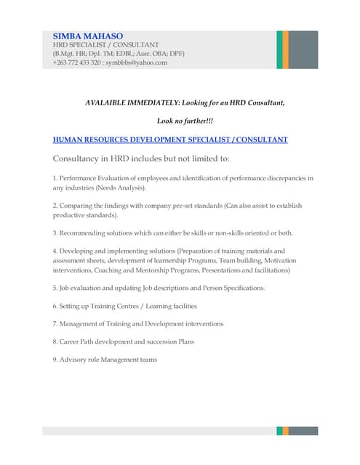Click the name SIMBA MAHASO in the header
point(88,36)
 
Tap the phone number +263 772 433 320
point(76,62)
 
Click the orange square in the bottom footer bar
point(286,431)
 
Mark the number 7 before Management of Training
point(55,323)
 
